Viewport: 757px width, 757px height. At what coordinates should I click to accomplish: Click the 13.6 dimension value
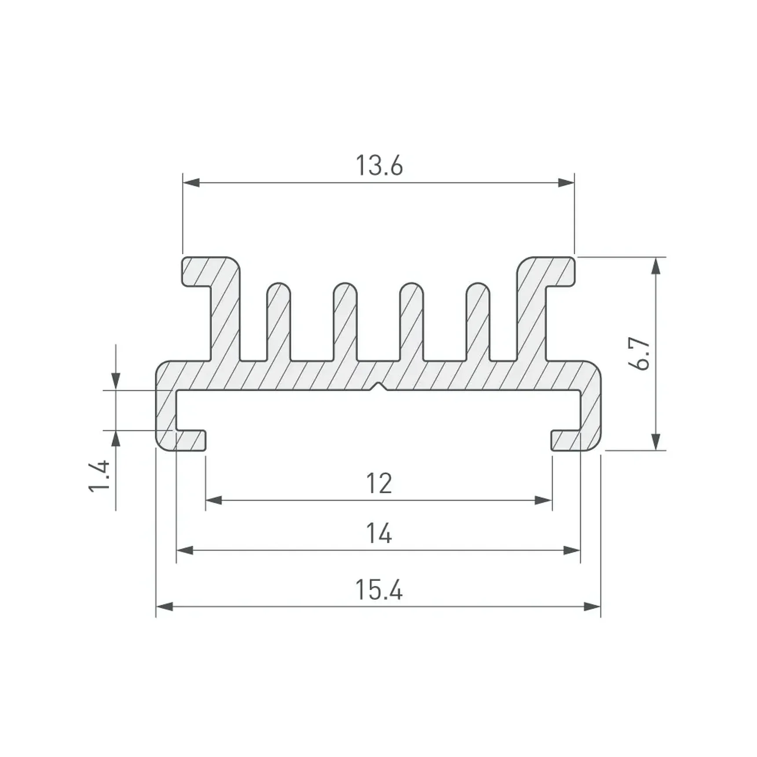(379, 166)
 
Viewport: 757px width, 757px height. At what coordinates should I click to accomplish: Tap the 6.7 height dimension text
(642, 354)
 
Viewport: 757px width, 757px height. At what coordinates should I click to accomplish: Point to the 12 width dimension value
(379, 484)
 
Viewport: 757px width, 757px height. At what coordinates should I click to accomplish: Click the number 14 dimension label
(379, 533)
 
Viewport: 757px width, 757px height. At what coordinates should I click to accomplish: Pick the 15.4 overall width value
(379, 590)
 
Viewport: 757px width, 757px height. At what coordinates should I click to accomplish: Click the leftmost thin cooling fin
(279, 322)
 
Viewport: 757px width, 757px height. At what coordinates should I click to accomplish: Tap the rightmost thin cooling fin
(478, 322)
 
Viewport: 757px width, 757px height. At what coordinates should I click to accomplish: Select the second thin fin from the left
(345, 322)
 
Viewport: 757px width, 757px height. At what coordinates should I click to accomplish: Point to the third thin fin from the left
(412, 322)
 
